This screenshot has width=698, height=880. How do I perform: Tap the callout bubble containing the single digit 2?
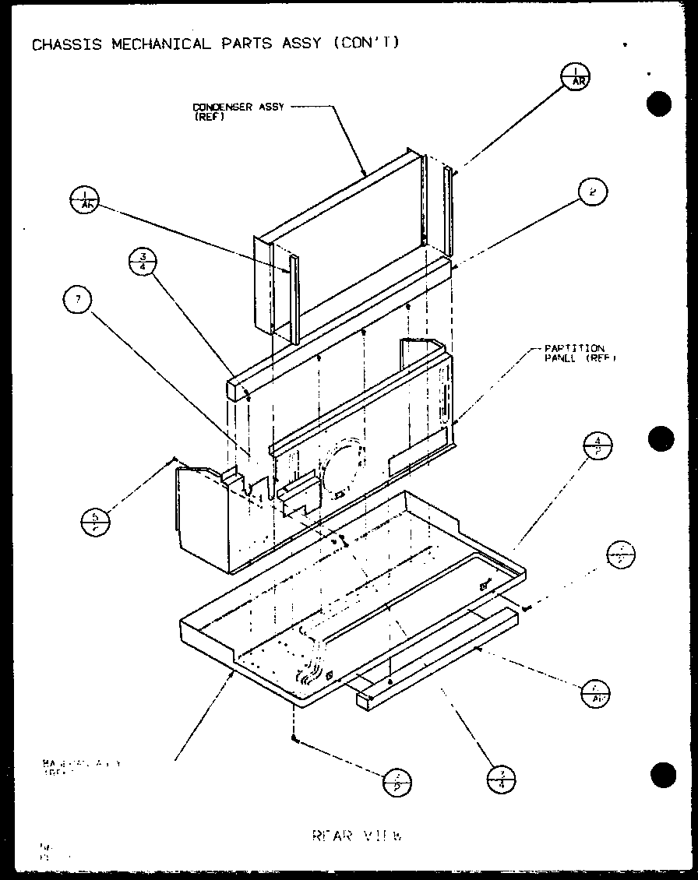point(593,192)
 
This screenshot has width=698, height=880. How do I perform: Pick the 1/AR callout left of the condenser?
point(85,200)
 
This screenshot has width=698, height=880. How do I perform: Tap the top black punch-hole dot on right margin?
point(659,104)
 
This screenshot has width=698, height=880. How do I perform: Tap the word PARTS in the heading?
point(246,44)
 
